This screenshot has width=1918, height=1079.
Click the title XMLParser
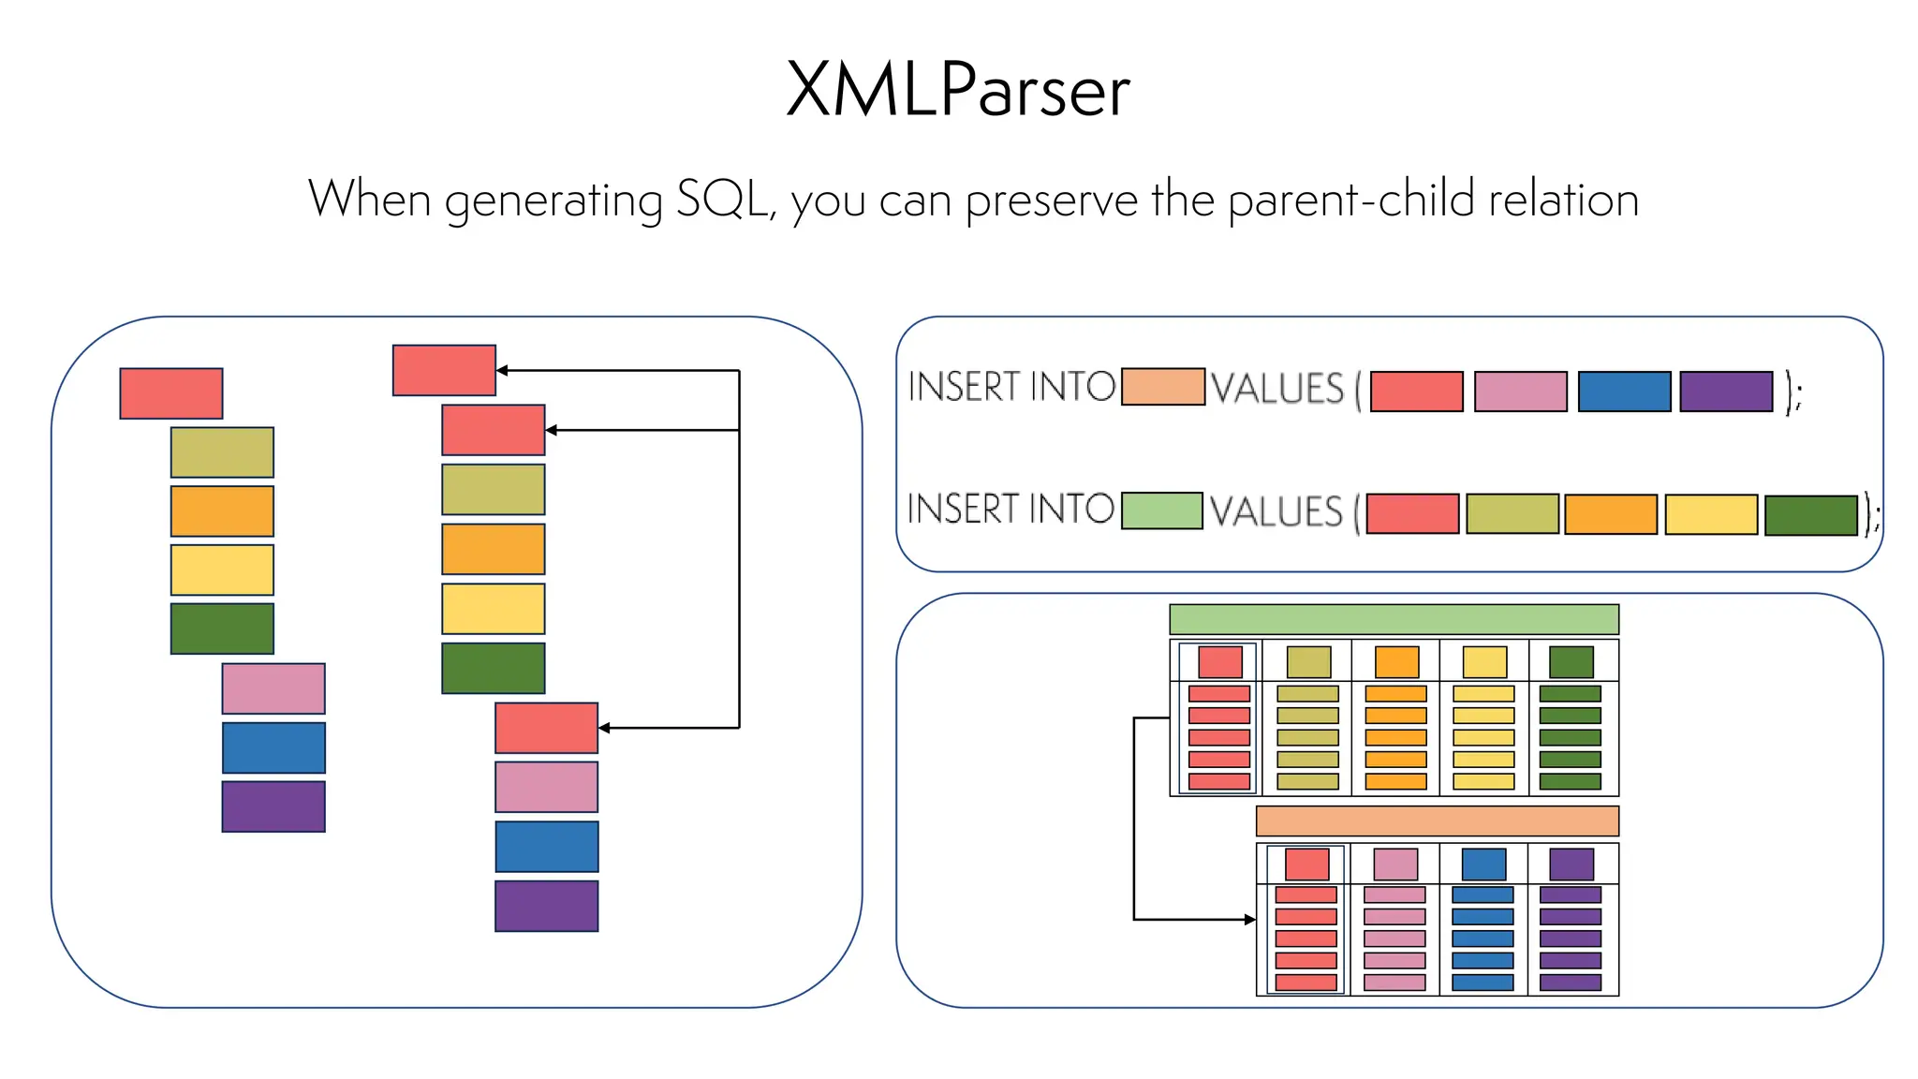(x=958, y=90)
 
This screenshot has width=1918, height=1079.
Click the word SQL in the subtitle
(x=721, y=200)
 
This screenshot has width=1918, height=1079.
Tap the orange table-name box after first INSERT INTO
(x=1162, y=387)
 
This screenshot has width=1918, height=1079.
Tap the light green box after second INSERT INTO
(x=1161, y=510)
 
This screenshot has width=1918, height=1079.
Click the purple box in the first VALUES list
(x=1726, y=392)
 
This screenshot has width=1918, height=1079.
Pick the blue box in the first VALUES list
(x=1624, y=392)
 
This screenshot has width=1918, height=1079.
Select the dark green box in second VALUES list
(x=1810, y=515)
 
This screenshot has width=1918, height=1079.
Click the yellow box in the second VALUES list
(x=1711, y=514)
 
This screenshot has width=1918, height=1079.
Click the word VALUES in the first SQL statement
(x=1277, y=389)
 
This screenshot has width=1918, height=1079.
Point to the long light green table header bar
(x=1394, y=619)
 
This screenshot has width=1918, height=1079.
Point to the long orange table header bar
(x=1437, y=821)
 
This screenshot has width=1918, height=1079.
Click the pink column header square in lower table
(x=1395, y=864)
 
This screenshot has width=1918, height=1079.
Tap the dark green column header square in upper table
(x=1571, y=662)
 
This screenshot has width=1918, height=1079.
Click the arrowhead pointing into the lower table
(x=1249, y=920)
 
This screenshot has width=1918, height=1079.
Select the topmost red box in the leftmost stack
(x=171, y=393)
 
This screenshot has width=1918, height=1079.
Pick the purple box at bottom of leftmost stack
(x=273, y=806)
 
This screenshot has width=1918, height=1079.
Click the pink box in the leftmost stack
(x=273, y=688)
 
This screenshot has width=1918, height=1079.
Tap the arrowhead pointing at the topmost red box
(x=503, y=371)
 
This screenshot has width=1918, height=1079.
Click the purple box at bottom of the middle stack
(x=547, y=906)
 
